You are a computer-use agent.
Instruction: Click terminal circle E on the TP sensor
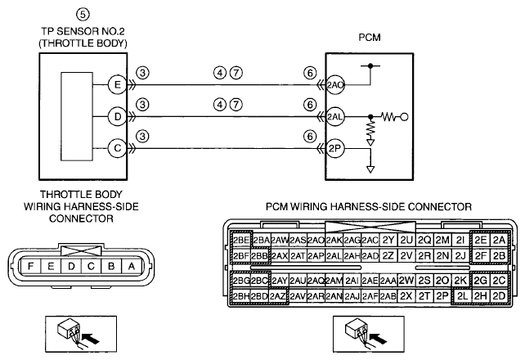pos(118,84)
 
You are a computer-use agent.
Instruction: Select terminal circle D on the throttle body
pos(118,116)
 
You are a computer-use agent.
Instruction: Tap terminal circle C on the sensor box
pos(118,148)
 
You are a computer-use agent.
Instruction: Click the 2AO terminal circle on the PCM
pos(335,85)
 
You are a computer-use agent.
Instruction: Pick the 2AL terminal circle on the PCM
pos(335,117)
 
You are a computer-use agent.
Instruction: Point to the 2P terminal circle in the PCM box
pos(335,148)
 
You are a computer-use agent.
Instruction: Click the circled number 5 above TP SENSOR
pos(83,14)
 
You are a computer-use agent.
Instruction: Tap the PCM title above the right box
pos(370,37)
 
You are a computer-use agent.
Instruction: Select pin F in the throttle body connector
pos(30,266)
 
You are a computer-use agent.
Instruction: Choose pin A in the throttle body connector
pos(132,266)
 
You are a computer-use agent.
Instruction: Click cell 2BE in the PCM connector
pos(241,240)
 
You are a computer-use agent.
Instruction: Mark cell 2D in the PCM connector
pos(499,296)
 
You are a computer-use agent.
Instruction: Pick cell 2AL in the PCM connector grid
pos(334,256)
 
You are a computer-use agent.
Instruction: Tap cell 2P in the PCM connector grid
pos(442,296)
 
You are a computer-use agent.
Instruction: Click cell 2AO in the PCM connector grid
pos(316,240)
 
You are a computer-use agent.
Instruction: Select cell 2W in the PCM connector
pos(406,280)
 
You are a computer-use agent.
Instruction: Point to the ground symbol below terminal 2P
pos(370,169)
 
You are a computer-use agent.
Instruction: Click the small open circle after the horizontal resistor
pos(404,117)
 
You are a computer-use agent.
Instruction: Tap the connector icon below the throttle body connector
pos(81,334)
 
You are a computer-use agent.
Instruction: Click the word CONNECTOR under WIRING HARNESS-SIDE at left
pos(81,218)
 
